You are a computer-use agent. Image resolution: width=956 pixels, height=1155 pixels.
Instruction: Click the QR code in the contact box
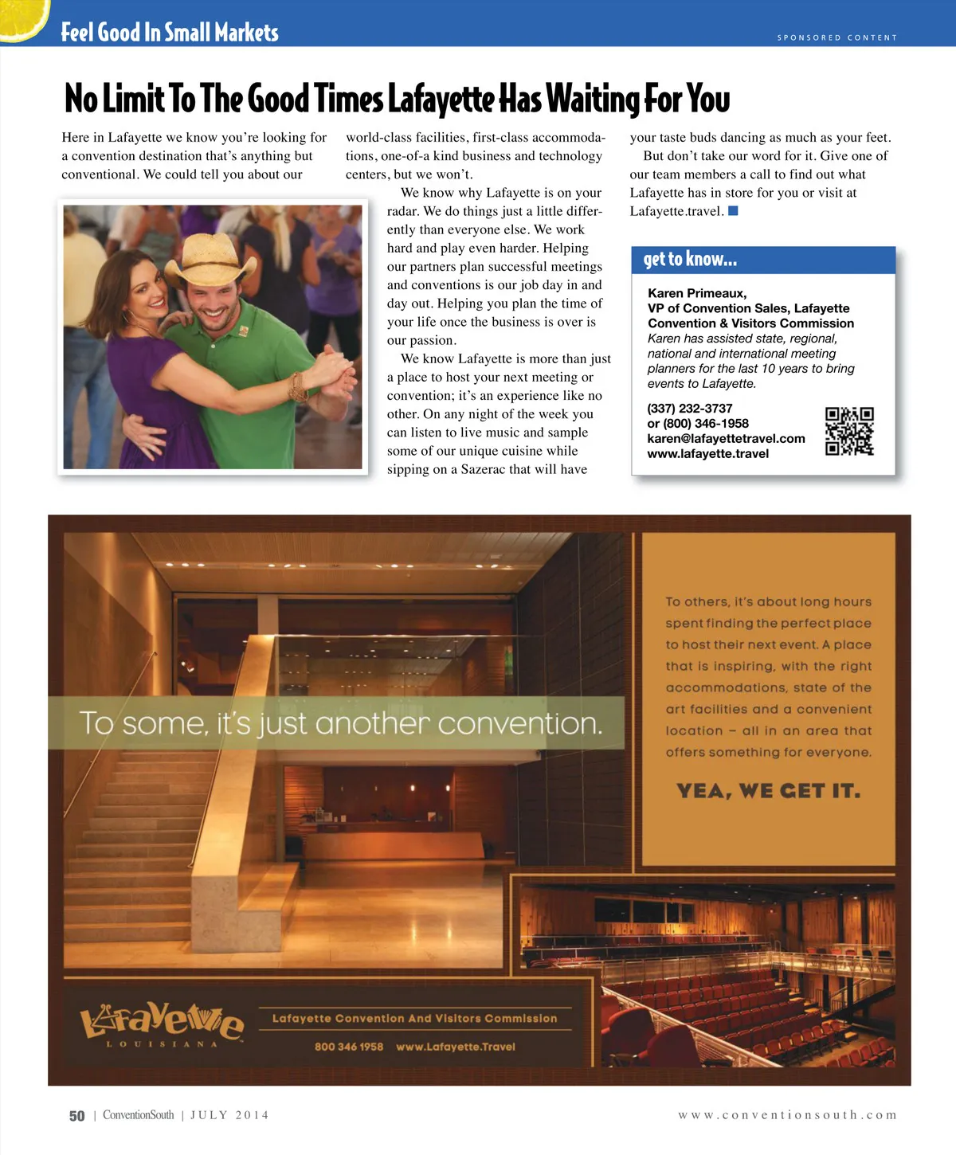849,431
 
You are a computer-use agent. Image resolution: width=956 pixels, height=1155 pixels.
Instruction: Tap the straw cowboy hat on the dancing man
210,259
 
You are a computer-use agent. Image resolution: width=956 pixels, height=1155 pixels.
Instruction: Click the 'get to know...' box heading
690,260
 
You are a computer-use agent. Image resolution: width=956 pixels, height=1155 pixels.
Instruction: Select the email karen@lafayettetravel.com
726,439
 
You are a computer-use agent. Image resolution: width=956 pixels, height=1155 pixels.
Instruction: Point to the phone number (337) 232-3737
689,409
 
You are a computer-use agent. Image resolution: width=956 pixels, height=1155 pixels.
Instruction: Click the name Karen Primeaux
697,293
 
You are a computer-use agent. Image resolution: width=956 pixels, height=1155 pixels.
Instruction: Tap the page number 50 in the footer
76,1116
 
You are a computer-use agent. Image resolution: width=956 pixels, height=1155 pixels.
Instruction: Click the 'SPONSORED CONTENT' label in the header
836,37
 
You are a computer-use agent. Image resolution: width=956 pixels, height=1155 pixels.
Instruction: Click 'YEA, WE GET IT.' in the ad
768,791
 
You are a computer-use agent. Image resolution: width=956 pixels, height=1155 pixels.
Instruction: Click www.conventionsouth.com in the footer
787,1115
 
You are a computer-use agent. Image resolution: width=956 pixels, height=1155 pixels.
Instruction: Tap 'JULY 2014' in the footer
229,1115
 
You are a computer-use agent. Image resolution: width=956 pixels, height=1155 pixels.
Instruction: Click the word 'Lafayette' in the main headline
441,100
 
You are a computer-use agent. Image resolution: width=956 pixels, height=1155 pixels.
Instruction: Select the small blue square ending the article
733,211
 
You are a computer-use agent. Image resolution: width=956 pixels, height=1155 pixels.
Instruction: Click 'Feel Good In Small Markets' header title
170,33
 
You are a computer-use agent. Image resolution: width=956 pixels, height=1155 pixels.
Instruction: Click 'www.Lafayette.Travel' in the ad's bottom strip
456,1047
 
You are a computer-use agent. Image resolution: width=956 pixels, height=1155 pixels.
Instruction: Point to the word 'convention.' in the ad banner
519,723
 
